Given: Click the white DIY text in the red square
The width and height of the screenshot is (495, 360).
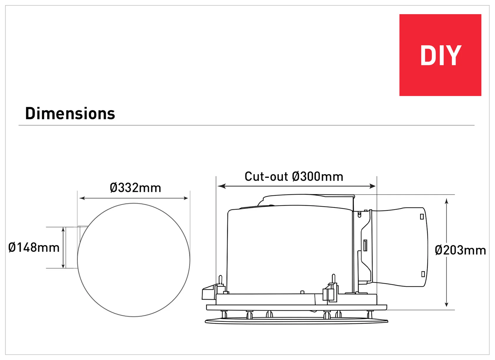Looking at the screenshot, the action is [x=441, y=55].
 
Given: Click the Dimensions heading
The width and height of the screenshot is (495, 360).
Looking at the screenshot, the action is [x=70, y=113].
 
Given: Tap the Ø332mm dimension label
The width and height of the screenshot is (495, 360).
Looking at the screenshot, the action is [x=135, y=188].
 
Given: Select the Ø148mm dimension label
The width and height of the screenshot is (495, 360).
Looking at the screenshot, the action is [x=34, y=247].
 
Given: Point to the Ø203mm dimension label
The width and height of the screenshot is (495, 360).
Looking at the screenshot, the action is [x=460, y=250].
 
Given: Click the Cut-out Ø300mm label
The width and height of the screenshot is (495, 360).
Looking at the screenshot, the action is [x=294, y=176].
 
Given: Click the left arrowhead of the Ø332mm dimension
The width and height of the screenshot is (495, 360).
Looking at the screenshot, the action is [x=82, y=198].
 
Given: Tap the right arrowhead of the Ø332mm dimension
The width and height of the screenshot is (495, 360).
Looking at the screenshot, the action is [x=185, y=198].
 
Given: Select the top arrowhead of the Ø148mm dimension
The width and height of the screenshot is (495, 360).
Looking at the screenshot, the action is [x=63, y=230].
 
